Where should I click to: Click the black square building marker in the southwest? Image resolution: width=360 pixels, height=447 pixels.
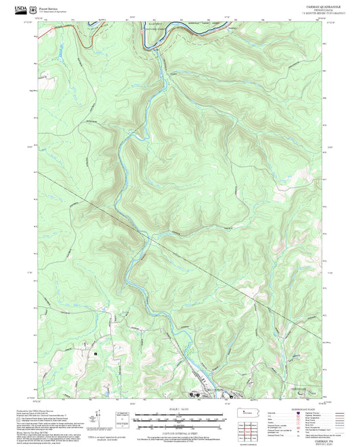(96, 352)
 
